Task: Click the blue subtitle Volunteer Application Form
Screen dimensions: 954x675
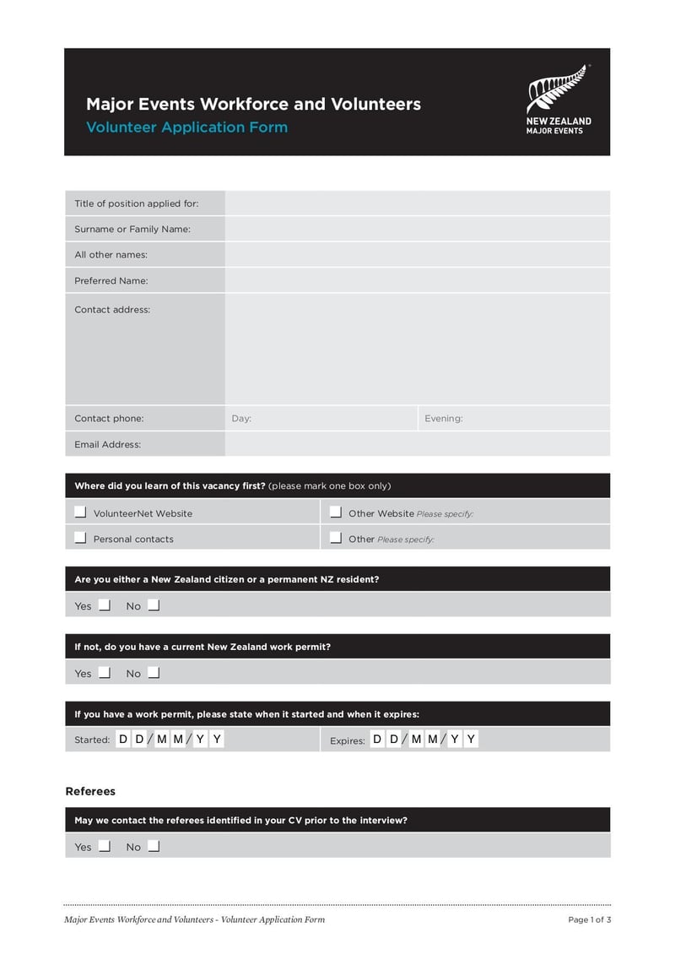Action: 186,127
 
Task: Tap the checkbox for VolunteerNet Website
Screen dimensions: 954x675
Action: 80,512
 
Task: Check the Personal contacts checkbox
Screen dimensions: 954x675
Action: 80,537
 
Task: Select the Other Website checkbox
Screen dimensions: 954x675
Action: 335,512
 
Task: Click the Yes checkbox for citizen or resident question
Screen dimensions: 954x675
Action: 105,604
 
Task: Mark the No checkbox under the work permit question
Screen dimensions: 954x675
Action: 154,672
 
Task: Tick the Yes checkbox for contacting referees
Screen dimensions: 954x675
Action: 105,845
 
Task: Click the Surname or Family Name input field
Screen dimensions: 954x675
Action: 417,229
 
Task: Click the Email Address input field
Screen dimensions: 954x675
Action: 417,444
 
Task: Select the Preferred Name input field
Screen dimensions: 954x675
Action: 417,280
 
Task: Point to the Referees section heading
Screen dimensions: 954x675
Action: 90,791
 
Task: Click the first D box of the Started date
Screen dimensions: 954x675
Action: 123,740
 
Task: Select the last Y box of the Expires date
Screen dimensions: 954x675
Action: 471,740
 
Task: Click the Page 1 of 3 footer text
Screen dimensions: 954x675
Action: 589,919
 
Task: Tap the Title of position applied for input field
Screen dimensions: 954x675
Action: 417,203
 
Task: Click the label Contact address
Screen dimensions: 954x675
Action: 112,310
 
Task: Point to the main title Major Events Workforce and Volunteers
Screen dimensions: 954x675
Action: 253,104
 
